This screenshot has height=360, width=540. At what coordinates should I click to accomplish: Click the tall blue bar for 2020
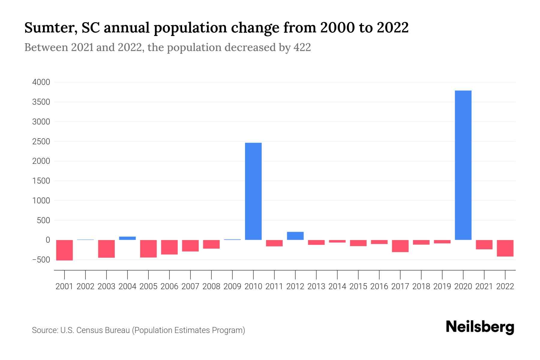coord(463,165)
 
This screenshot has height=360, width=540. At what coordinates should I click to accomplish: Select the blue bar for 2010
coord(253,191)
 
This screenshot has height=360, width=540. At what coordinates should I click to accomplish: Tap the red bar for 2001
coord(64,250)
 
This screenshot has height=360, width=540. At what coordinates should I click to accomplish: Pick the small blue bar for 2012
coord(295,236)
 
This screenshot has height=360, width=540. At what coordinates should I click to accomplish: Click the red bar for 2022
coord(505,248)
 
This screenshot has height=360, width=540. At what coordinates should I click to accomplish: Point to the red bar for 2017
coord(400,246)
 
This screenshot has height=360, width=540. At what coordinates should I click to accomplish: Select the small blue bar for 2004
coord(127,238)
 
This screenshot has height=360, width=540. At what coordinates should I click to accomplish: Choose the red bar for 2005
coord(148,248)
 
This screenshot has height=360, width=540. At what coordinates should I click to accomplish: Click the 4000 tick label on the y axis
coord(41,82)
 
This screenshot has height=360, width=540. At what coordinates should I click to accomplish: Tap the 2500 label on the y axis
coord(41,141)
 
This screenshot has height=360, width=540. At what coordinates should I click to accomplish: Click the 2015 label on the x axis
coord(358,286)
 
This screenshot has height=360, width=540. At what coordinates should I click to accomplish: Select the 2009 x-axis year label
coord(232,286)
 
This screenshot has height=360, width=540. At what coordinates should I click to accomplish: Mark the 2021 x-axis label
coord(484,286)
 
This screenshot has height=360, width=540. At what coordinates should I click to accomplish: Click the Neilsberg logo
coord(480,327)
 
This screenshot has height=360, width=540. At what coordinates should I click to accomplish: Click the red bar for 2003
coord(106,249)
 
